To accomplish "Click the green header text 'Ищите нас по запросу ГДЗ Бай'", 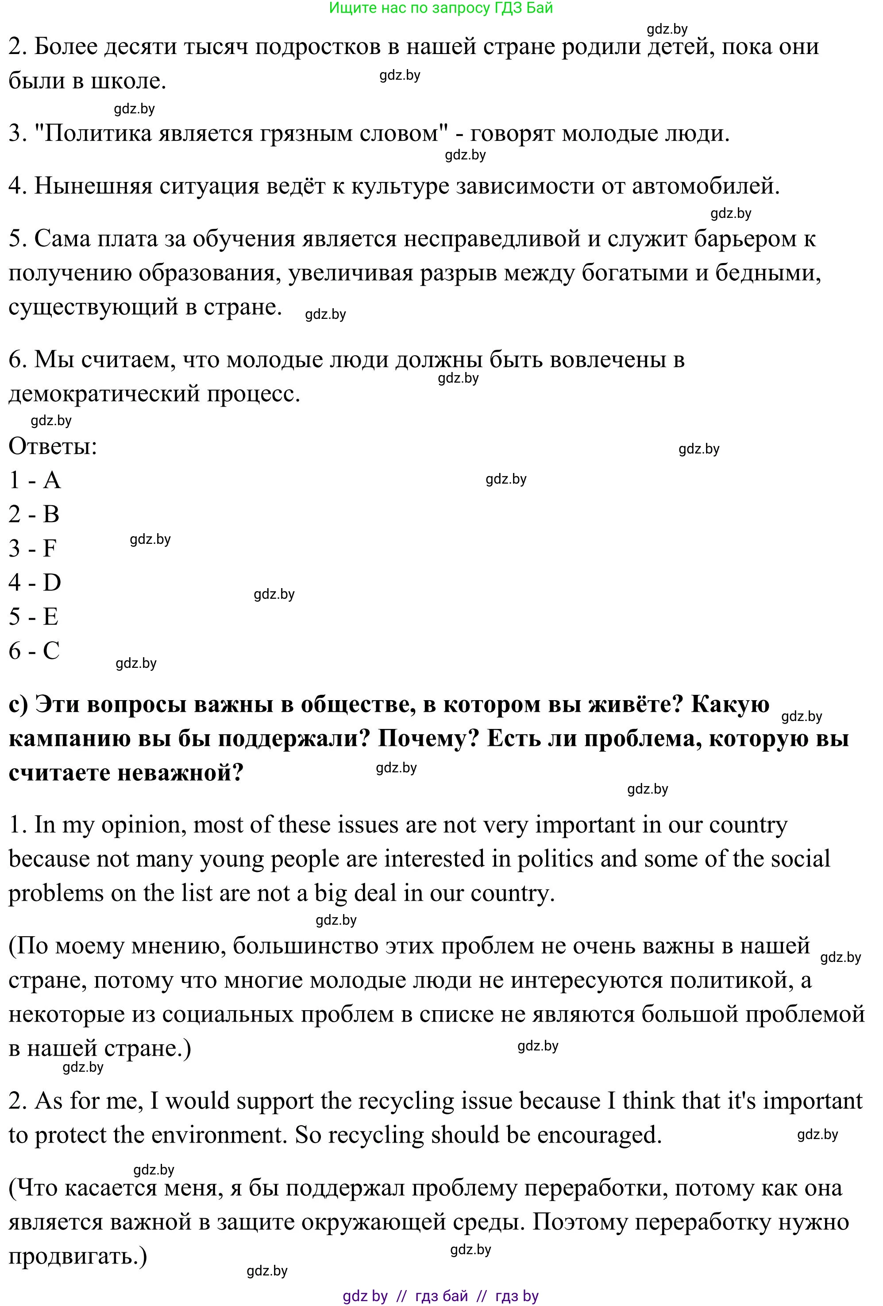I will [440, 8].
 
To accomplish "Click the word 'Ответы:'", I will [53, 447].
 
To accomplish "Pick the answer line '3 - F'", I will [33, 548].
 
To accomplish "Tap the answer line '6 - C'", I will [34, 651].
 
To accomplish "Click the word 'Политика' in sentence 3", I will [98, 134].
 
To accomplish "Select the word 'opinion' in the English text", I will [143, 825].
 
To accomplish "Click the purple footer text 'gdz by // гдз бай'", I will [405, 1296].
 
